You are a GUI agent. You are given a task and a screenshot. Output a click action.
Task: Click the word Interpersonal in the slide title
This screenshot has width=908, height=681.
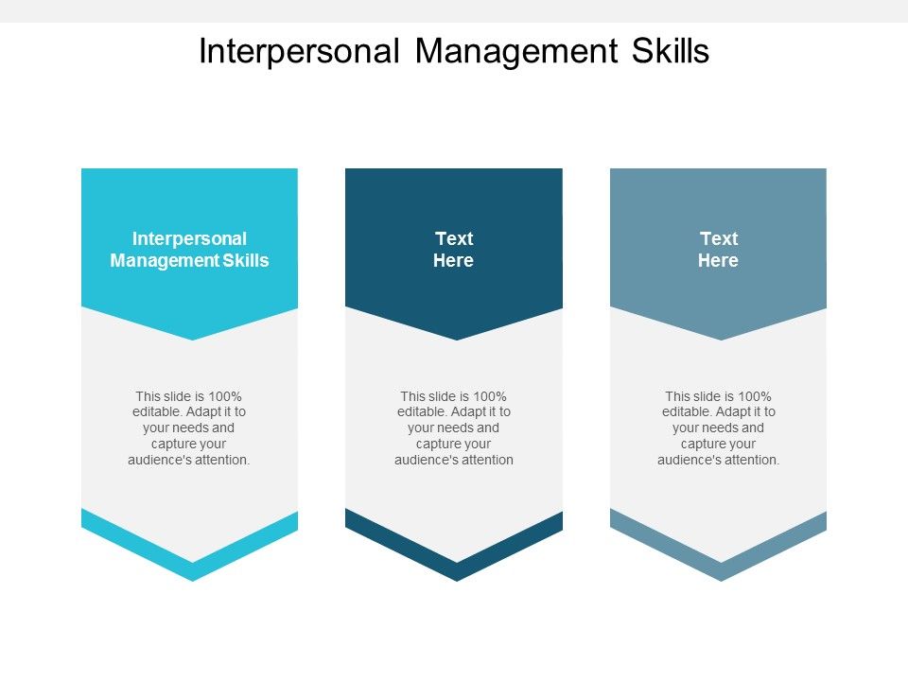tap(299, 52)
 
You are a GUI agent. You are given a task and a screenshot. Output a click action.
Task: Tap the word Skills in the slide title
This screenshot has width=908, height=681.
tap(670, 52)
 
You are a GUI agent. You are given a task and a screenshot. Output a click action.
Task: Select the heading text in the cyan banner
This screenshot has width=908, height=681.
tap(189, 250)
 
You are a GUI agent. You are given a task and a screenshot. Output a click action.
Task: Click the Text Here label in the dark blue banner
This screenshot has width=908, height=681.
tap(454, 250)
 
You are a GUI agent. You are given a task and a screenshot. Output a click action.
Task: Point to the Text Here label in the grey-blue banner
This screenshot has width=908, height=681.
tap(718, 250)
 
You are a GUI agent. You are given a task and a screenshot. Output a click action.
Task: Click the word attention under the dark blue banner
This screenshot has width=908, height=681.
tap(489, 461)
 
